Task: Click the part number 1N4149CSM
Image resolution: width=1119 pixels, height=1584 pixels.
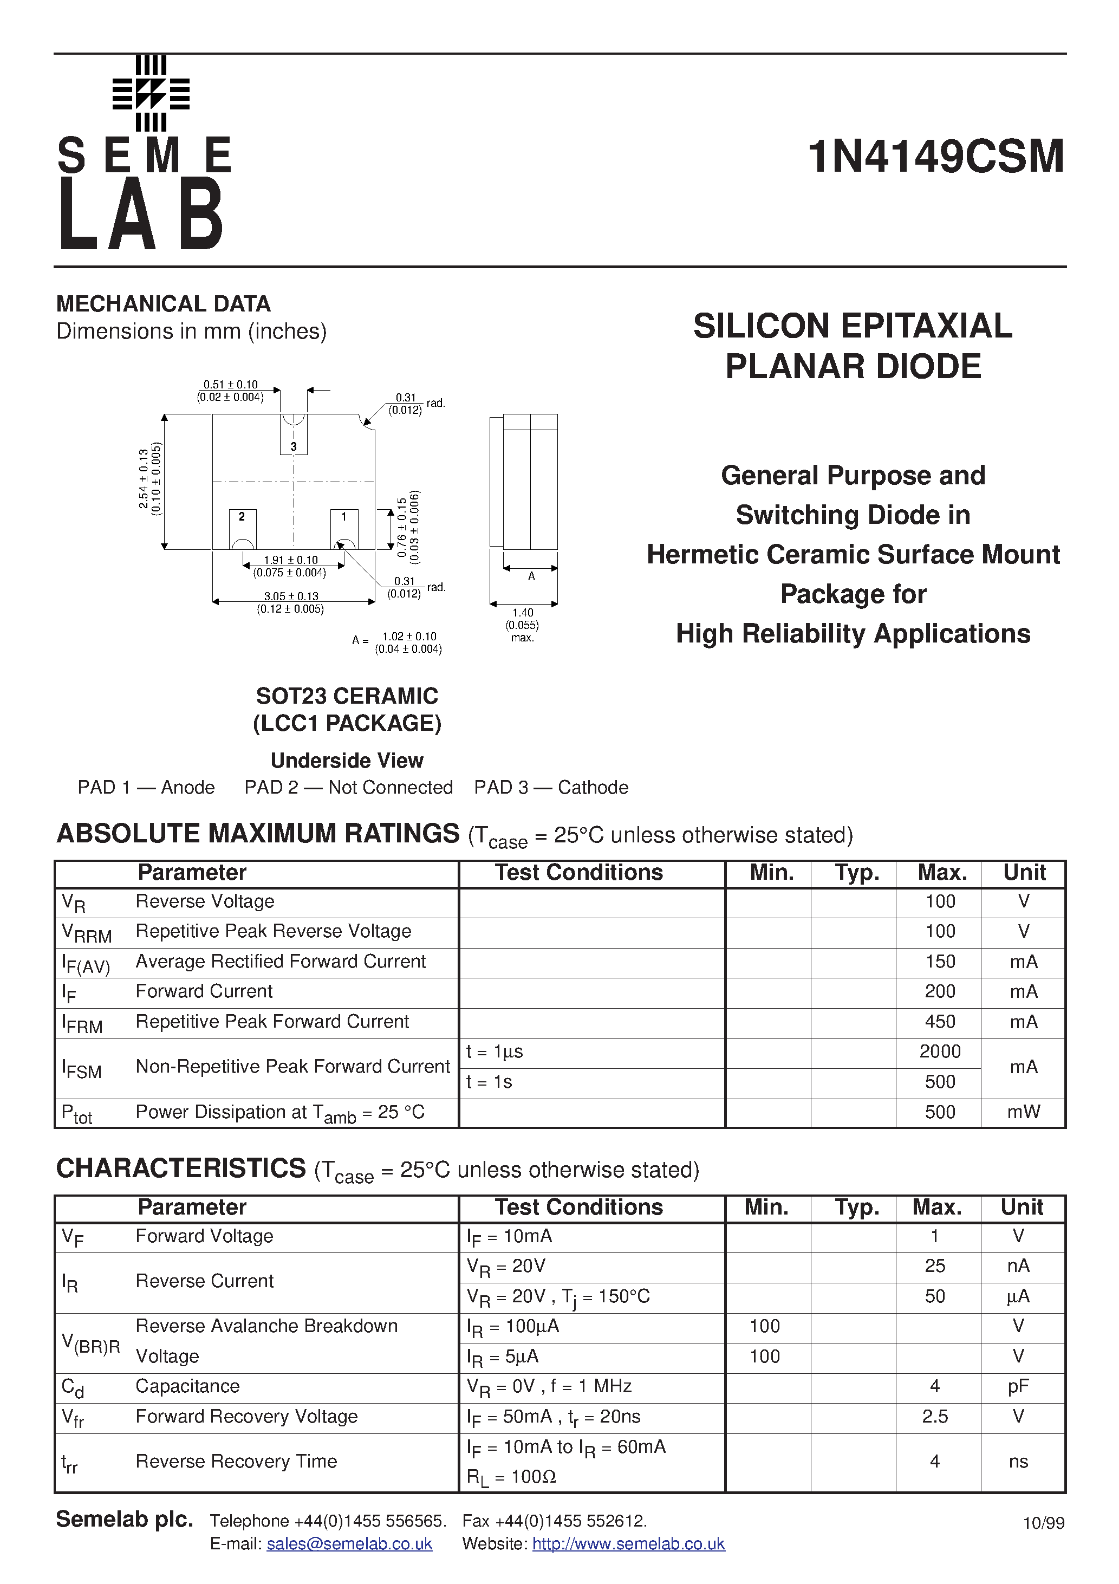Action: pyautogui.click(x=936, y=157)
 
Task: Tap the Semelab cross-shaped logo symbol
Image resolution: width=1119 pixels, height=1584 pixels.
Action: pyautogui.click(x=151, y=94)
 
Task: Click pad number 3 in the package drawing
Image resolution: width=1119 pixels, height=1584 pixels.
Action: pyautogui.click(x=294, y=446)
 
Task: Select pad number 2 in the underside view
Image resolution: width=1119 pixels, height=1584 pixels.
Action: pyautogui.click(x=242, y=517)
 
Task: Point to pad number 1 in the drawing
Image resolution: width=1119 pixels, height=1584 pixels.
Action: pyautogui.click(x=343, y=517)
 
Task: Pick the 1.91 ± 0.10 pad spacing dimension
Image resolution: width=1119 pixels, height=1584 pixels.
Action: pyautogui.click(x=290, y=560)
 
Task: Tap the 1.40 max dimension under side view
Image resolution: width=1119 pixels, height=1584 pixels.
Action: pyautogui.click(x=523, y=613)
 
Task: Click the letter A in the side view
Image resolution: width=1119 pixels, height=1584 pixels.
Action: pyautogui.click(x=531, y=576)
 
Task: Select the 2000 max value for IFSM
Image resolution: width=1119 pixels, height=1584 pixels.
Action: pyautogui.click(x=940, y=1051)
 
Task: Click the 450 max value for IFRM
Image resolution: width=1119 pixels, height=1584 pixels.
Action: pyautogui.click(x=940, y=1022)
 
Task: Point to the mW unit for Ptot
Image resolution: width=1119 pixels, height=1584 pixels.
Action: pyautogui.click(x=1024, y=1112)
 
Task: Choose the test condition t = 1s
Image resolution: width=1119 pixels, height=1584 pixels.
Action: pyautogui.click(x=489, y=1082)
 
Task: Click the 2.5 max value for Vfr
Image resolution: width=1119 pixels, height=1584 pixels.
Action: pyautogui.click(x=935, y=1417)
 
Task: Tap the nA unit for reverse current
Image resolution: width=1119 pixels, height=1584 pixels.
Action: pyautogui.click(x=1018, y=1266)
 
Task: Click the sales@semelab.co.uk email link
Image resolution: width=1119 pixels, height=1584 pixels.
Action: pyautogui.click(x=349, y=1544)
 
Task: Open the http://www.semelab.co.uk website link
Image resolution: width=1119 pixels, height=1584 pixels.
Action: pyautogui.click(x=628, y=1544)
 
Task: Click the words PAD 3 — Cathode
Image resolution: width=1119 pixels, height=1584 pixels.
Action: pyautogui.click(x=551, y=787)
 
